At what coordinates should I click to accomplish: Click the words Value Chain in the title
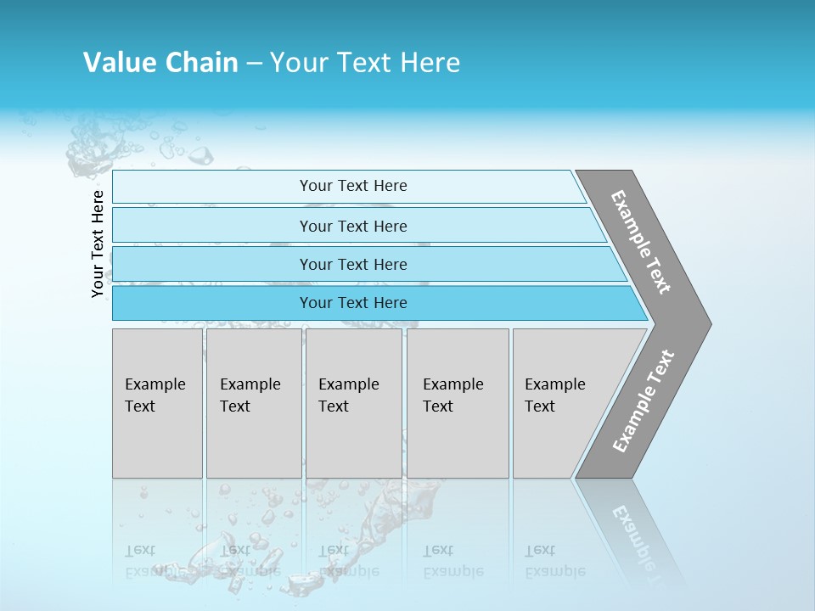tap(160, 62)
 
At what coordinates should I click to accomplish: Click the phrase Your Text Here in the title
tap(364, 62)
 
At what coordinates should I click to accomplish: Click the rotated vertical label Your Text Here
tap(98, 244)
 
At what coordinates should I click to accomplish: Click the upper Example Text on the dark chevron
tap(641, 242)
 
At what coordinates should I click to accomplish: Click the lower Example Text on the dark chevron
tap(644, 401)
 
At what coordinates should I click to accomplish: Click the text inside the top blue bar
tap(353, 186)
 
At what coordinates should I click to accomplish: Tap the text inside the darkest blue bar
tap(353, 303)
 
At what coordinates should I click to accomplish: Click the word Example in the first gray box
tap(155, 384)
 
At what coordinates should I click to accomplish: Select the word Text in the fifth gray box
tap(539, 406)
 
